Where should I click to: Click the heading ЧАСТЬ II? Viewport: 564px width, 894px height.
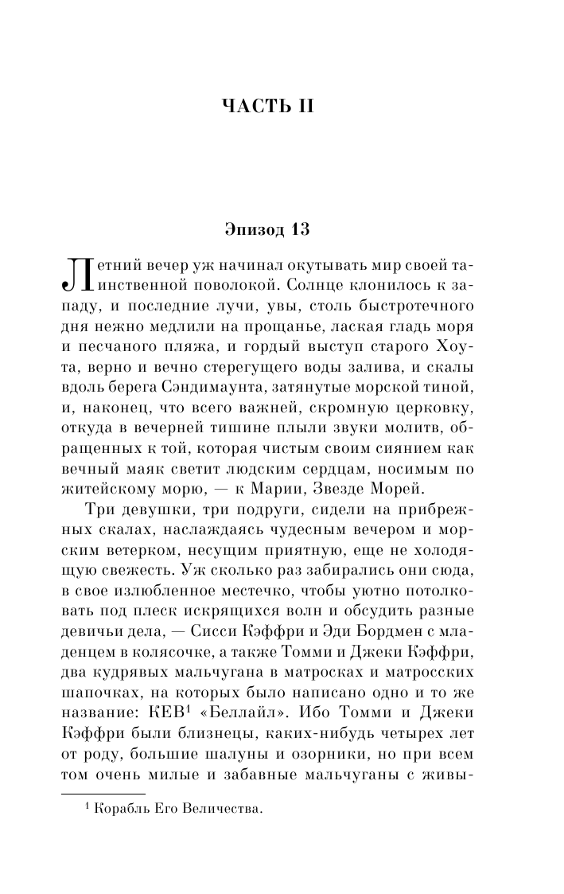268,107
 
